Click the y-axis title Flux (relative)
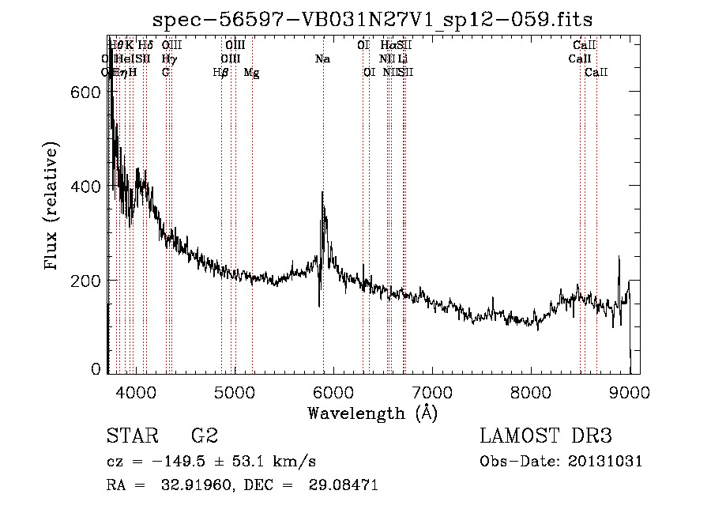53,207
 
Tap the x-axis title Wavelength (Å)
372,413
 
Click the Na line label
322,58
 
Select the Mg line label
251,73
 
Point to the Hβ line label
221,73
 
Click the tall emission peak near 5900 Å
322,194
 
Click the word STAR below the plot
131,436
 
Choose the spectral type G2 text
205,436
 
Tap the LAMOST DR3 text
546,436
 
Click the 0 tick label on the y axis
96,368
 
